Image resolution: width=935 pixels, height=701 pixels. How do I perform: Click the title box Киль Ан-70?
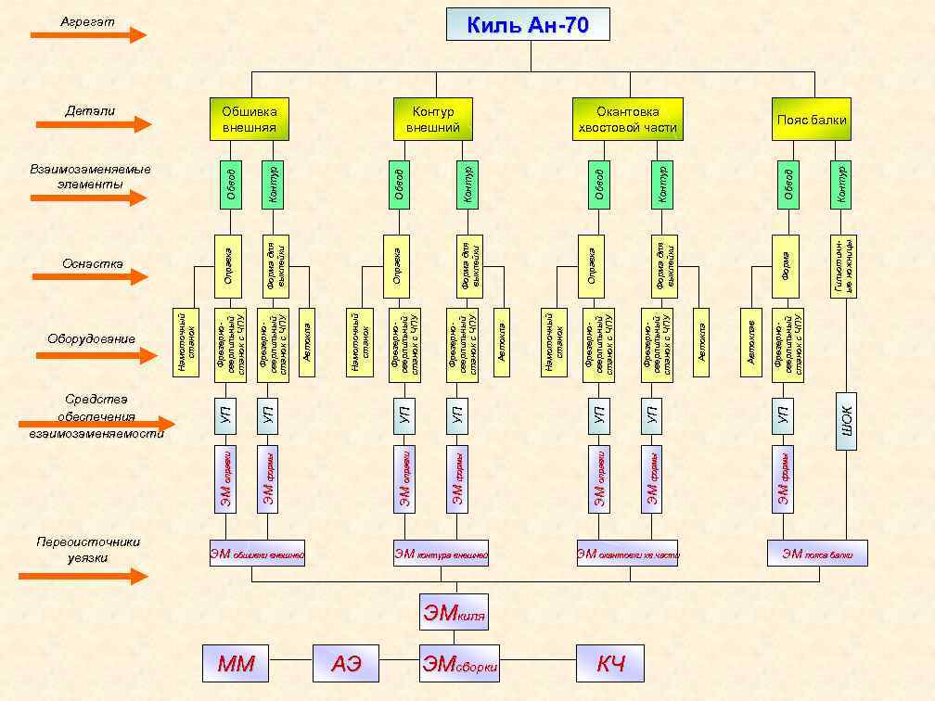coord(528,25)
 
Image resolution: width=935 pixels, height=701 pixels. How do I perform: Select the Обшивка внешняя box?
coord(249,119)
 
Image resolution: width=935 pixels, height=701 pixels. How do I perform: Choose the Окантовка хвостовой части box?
coord(627,119)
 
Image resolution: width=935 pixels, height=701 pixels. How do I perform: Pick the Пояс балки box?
coord(812,119)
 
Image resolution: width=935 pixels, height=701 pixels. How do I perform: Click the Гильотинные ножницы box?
coord(844,265)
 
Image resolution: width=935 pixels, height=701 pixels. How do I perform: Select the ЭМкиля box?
coord(454,612)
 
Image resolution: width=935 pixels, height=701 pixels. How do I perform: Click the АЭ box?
coord(345,663)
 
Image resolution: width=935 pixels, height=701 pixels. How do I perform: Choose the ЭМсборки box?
coord(460,664)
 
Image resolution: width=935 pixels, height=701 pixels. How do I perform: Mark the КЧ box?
coord(610,663)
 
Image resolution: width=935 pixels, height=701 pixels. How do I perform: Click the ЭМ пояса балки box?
coord(817,554)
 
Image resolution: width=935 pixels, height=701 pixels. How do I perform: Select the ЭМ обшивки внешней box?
coord(257,554)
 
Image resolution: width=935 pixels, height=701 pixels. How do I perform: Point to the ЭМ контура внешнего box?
coord(440,554)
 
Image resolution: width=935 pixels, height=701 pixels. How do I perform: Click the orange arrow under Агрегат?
coord(88,35)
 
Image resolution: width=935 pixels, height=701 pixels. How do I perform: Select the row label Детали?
coord(90,111)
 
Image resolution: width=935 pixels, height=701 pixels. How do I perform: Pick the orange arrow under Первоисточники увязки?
coord(83,576)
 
